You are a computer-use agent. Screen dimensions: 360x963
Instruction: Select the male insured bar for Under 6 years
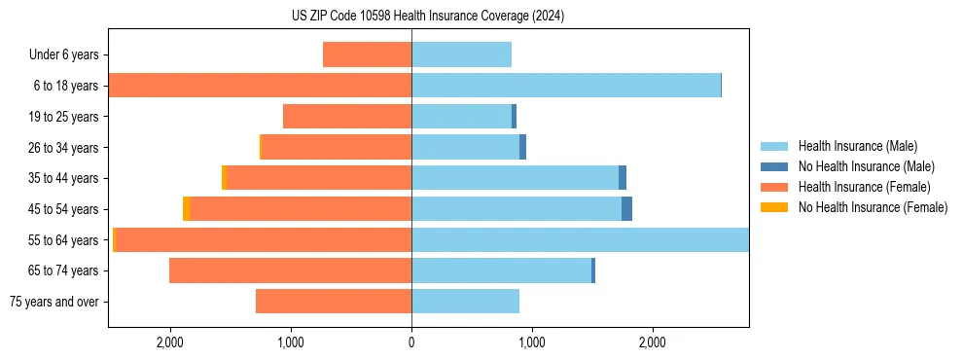click(x=461, y=54)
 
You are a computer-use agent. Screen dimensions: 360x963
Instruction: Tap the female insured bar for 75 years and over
click(x=334, y=302)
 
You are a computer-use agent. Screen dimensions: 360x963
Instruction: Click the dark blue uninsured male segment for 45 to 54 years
click(x=626, y=209)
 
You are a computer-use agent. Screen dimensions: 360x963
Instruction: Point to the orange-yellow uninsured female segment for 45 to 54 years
click(x=187, y=209)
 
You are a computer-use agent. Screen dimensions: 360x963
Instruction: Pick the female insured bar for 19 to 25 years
click(x=347, y=117)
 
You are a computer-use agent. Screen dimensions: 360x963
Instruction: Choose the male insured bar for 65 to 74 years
click(x=501, y=270)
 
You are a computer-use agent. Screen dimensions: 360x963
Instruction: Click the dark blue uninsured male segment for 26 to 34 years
click(x=522, y=148)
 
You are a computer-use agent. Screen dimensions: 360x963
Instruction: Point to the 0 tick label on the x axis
click(x=411, y=342)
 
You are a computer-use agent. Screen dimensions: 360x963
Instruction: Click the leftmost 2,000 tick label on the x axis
click(x=170, y=342)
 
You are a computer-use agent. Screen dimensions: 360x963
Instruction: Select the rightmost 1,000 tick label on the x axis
click(x=532, y=342)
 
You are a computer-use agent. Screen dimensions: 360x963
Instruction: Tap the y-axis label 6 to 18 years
click(x=65, y=86)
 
